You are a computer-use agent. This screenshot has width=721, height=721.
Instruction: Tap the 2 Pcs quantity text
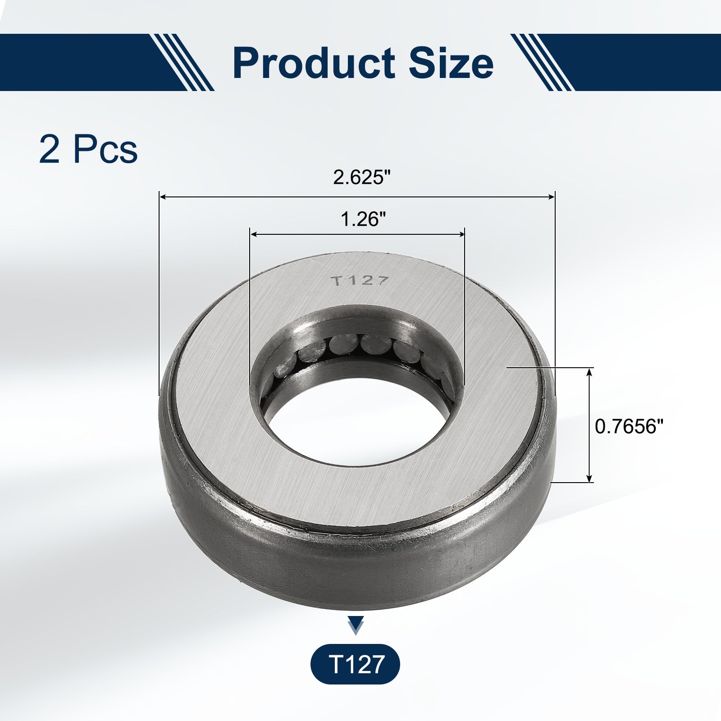click(x=88, y=149)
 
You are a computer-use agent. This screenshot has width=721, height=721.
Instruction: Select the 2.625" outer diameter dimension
click(x=360, y=177)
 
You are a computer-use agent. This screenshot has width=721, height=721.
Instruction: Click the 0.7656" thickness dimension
click(x=630, y=426)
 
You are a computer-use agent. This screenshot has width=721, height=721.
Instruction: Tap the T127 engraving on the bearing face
click(x=360, y=281)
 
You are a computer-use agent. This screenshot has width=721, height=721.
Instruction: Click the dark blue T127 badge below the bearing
click(x=355, y=664)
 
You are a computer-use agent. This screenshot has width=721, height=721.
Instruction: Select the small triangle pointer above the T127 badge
click(x=356, y=625)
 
